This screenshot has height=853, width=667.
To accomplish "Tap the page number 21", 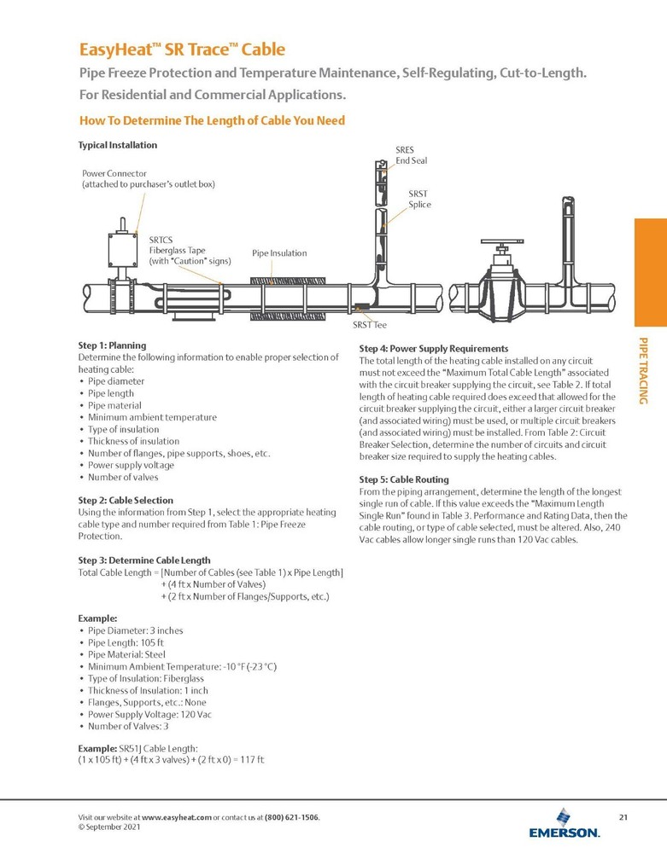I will click(x=623, y=818).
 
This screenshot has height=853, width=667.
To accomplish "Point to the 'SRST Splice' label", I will click(x=419, y=200).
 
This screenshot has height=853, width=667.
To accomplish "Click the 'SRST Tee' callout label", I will click(x=370, y=325).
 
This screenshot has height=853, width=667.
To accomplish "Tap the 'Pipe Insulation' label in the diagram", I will click(x=279, y=253).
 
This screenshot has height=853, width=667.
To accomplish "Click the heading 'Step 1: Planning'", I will click(x=112, y=345).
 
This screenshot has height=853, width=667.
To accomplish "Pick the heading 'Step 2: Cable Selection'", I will click(x=126, y=500).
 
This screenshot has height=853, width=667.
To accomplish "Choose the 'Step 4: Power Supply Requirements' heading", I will click(x=434, y=349).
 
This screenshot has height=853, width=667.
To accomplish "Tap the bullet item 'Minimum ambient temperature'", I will click(x=152, y=417).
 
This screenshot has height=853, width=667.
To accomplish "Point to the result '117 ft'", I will click(x=250, y=759).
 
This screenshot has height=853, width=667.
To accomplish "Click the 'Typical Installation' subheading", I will click(x=118, y=145).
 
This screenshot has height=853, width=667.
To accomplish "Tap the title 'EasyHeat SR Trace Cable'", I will click(x=182, y=49).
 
